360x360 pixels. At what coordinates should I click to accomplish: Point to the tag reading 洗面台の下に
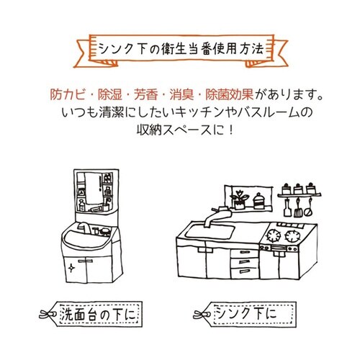(90, 315)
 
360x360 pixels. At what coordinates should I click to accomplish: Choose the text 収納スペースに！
(180, 132)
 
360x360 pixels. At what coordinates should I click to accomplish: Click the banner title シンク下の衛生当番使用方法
(179, 49)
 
